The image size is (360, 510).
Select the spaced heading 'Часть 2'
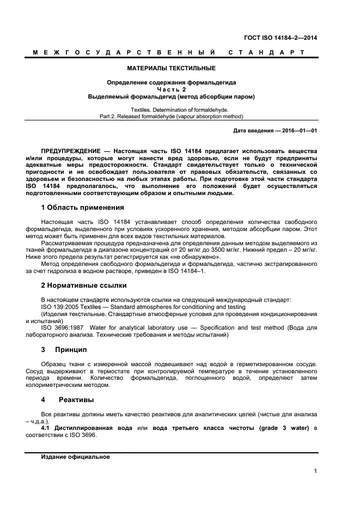point(172,89)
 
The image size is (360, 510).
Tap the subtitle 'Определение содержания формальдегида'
point(172,83)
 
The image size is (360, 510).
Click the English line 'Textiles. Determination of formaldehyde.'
point(172,110)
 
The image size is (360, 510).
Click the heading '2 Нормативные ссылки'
point(84,285)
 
